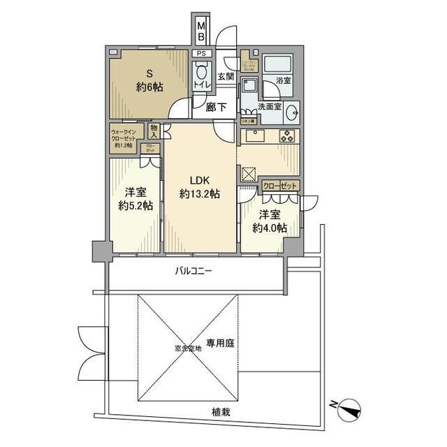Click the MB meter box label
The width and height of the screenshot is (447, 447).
[x=201, y=32]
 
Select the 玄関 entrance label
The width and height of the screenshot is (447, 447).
[x=226, y=76]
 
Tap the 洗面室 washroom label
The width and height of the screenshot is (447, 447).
[x=270, y=108]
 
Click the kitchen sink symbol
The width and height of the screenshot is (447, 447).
[x=254, y=136]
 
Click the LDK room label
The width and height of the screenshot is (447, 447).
[x=198, y=179]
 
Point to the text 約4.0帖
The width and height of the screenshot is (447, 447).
[x=270, y=228]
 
